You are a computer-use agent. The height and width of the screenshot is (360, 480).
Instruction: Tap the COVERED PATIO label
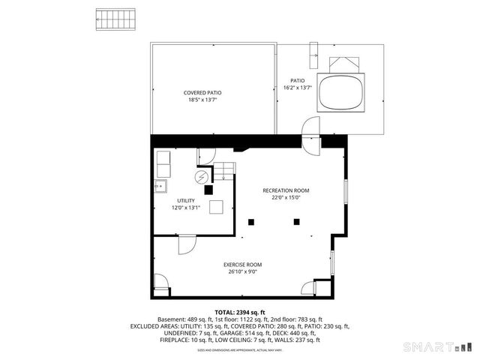pos(202,92)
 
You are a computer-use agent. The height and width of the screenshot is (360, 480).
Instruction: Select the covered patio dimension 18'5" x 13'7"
pos(202,100)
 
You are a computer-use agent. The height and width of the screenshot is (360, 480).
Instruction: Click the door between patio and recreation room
pos(309,133)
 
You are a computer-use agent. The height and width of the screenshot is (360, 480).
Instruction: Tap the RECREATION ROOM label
pos(285,190)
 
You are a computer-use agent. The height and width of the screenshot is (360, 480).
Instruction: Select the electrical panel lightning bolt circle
pos(201,178)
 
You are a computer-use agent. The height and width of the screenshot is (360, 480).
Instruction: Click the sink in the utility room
pos(161,186)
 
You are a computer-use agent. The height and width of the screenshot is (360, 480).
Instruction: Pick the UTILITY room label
pos(186,200)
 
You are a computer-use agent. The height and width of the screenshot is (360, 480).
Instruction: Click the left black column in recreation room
pos(252,220)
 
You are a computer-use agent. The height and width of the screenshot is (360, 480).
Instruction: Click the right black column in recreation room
pos(297,220)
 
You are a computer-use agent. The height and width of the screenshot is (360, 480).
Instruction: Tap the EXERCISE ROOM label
pos(243,265)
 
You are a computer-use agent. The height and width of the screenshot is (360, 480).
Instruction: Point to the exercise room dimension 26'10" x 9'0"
pos(243,272)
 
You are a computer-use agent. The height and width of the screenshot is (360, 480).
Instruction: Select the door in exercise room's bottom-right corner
pos(307,286)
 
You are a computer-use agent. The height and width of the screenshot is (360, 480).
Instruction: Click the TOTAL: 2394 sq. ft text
pos(240,312)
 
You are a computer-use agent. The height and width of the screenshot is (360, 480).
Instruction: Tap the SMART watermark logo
pos(438,347)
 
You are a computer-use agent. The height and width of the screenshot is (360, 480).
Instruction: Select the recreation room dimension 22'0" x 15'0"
pos(285,198)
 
